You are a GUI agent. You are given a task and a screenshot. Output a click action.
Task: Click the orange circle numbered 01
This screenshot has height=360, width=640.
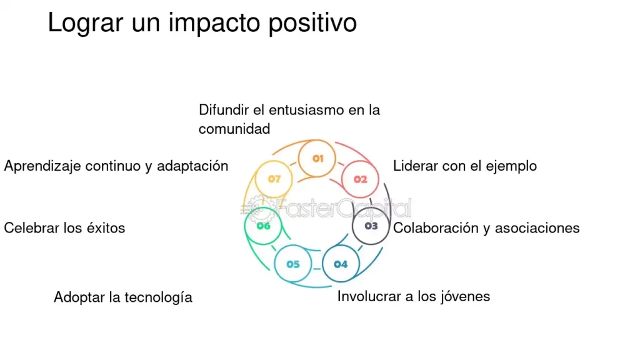click(317, 158)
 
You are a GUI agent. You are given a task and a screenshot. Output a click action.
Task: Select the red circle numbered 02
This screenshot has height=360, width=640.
click(361, 179)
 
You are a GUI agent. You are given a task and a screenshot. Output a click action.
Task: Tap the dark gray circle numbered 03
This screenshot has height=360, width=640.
click(371, 226)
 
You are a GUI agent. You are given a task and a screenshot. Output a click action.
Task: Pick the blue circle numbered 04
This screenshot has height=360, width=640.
click(341, 264)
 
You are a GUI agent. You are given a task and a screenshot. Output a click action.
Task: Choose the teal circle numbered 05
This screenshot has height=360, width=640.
click(293, 264)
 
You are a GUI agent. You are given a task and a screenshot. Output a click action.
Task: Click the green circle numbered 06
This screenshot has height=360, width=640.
click(263, 226)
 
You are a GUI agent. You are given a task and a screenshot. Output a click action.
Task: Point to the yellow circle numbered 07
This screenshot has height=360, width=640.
click(274, 179)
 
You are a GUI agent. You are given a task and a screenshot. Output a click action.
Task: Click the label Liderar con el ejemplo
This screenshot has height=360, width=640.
click(464, 166)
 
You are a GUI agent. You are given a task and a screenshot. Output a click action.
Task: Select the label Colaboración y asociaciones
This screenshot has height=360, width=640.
click(486, 227)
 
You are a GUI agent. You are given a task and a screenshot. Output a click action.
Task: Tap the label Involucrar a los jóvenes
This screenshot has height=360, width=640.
click(413, 296)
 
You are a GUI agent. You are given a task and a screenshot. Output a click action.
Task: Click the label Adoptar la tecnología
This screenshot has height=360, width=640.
click(123, 297)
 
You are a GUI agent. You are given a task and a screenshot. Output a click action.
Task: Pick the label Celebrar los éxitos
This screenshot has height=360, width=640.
click(64, 227)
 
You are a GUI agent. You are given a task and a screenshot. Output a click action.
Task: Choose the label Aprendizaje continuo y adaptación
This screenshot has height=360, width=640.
click(116, 166)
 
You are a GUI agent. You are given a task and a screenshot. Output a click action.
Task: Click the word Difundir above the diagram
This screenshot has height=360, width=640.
click(223, 110)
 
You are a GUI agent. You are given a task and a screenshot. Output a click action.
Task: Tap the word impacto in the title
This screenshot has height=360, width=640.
click(213, 24)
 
